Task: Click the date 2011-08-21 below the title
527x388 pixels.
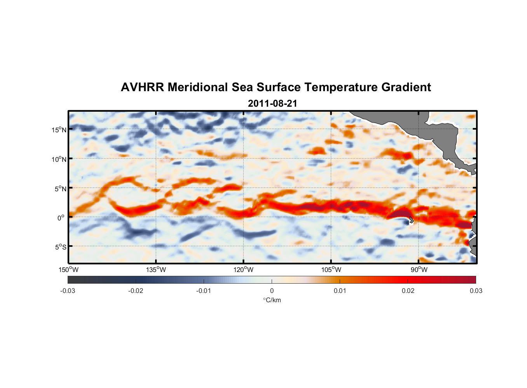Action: click(272, 104)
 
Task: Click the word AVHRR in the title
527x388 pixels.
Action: click(142, 87)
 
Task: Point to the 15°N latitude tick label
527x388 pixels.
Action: click(59, 130)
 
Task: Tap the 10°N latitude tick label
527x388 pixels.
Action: click(59, 159)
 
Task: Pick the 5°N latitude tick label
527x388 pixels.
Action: click(60, 189)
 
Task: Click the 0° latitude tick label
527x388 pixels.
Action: click(61, 218)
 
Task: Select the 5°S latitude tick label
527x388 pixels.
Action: click(60, 247)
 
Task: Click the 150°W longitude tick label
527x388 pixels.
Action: click(68, 270)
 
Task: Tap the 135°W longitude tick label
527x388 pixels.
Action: click(156, 270)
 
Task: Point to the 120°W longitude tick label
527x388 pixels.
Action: click(244, 270)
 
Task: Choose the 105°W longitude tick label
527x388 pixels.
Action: click(331, 270)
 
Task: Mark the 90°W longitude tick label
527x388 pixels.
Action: click(419, 270)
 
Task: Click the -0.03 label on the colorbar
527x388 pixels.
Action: click(68, 291)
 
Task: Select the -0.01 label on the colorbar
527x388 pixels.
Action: click(204, 291)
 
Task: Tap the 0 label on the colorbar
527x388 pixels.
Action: click(272, 291)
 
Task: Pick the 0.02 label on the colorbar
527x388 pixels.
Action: click(408, 291)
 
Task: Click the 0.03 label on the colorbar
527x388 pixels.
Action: click(476, 291)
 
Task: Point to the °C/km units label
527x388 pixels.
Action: click(272, 300)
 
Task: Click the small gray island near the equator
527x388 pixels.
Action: click(411, 220)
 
